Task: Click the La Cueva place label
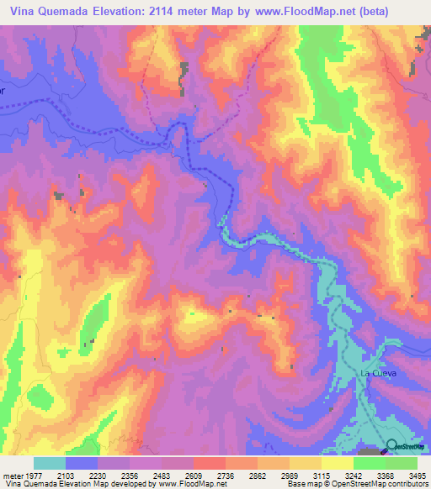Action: point(378,371)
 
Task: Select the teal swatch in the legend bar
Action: point(50,463)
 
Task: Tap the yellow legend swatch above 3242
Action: point(338,463)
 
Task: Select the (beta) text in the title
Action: point(402,10)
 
